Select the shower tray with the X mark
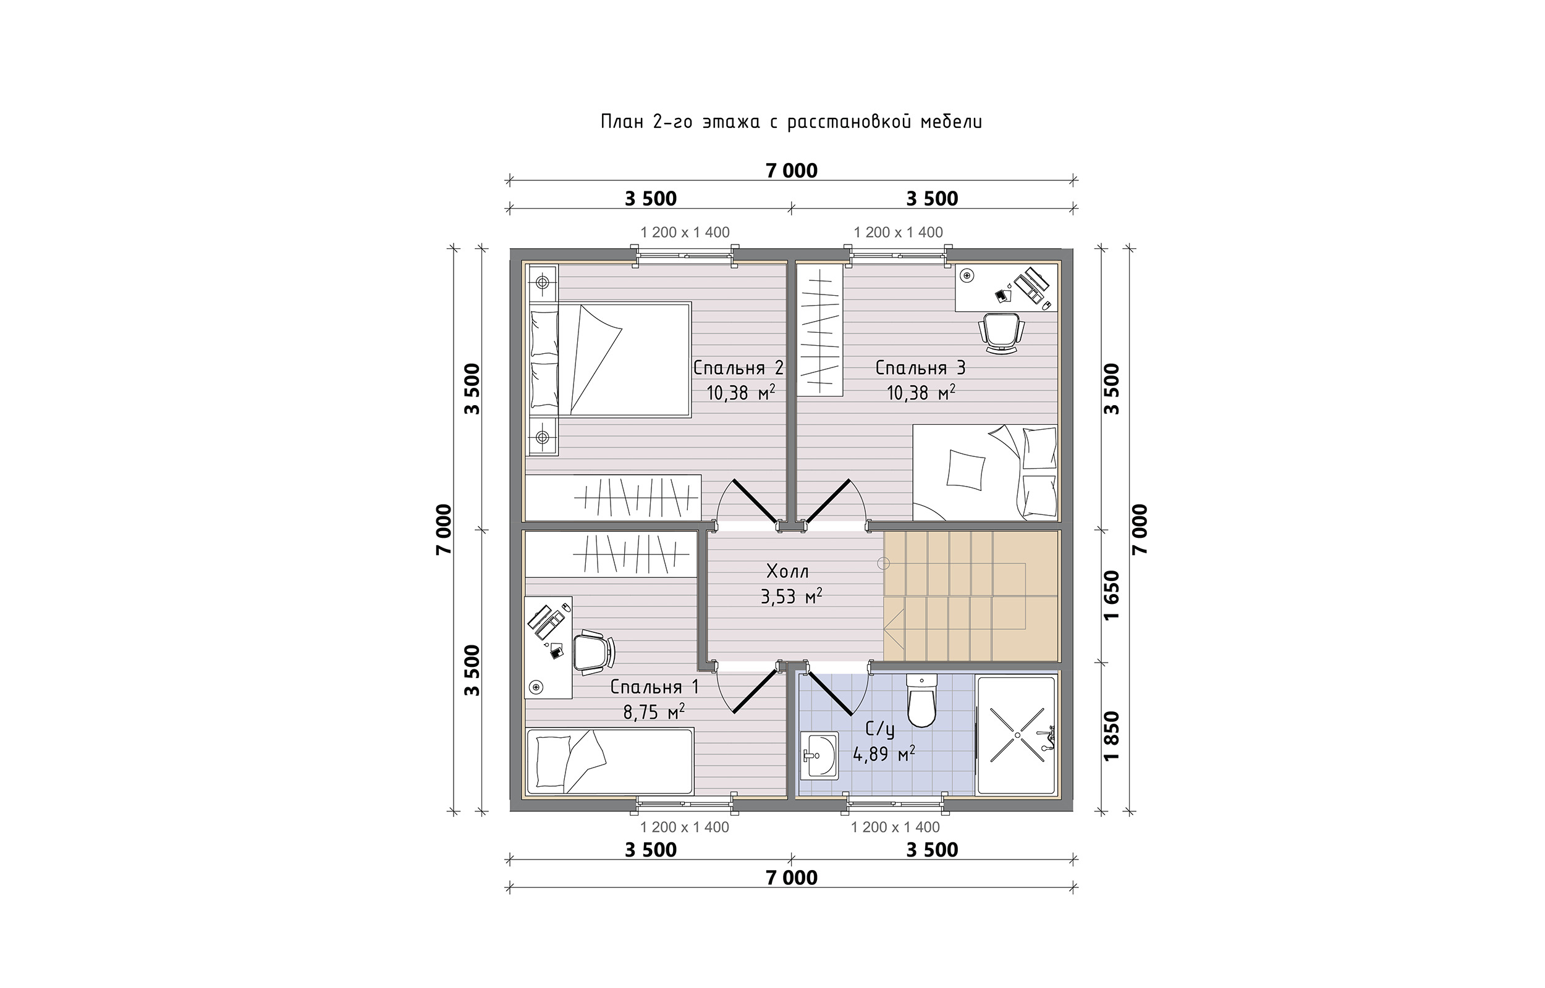click(1015, 735)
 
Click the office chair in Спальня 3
click(1001, 333)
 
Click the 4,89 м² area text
click(884, 754)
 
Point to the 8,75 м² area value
click(653, 711)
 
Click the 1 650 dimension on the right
click(1112, 595)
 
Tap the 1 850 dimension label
click(1112, 736)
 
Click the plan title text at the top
click(792, 122)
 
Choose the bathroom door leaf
click(829, 692)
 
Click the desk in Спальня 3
click(1006, 287)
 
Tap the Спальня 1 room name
click(654, 687)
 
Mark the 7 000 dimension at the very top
click(792, 170)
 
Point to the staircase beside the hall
click(970, 596)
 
